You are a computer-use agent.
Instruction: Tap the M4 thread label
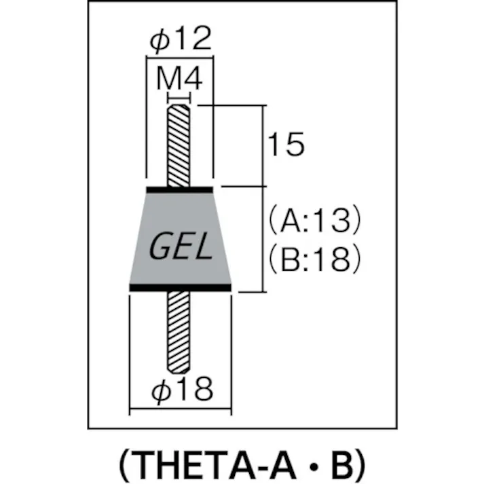[180, 80]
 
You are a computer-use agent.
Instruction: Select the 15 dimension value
[285, 145]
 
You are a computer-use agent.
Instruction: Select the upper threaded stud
[180, 146]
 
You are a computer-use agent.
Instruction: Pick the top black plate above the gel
[180, 188]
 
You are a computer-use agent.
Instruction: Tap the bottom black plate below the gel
[181, 288]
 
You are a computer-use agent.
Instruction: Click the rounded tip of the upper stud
[180, 107]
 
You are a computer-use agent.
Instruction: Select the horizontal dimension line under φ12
[180, 60]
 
